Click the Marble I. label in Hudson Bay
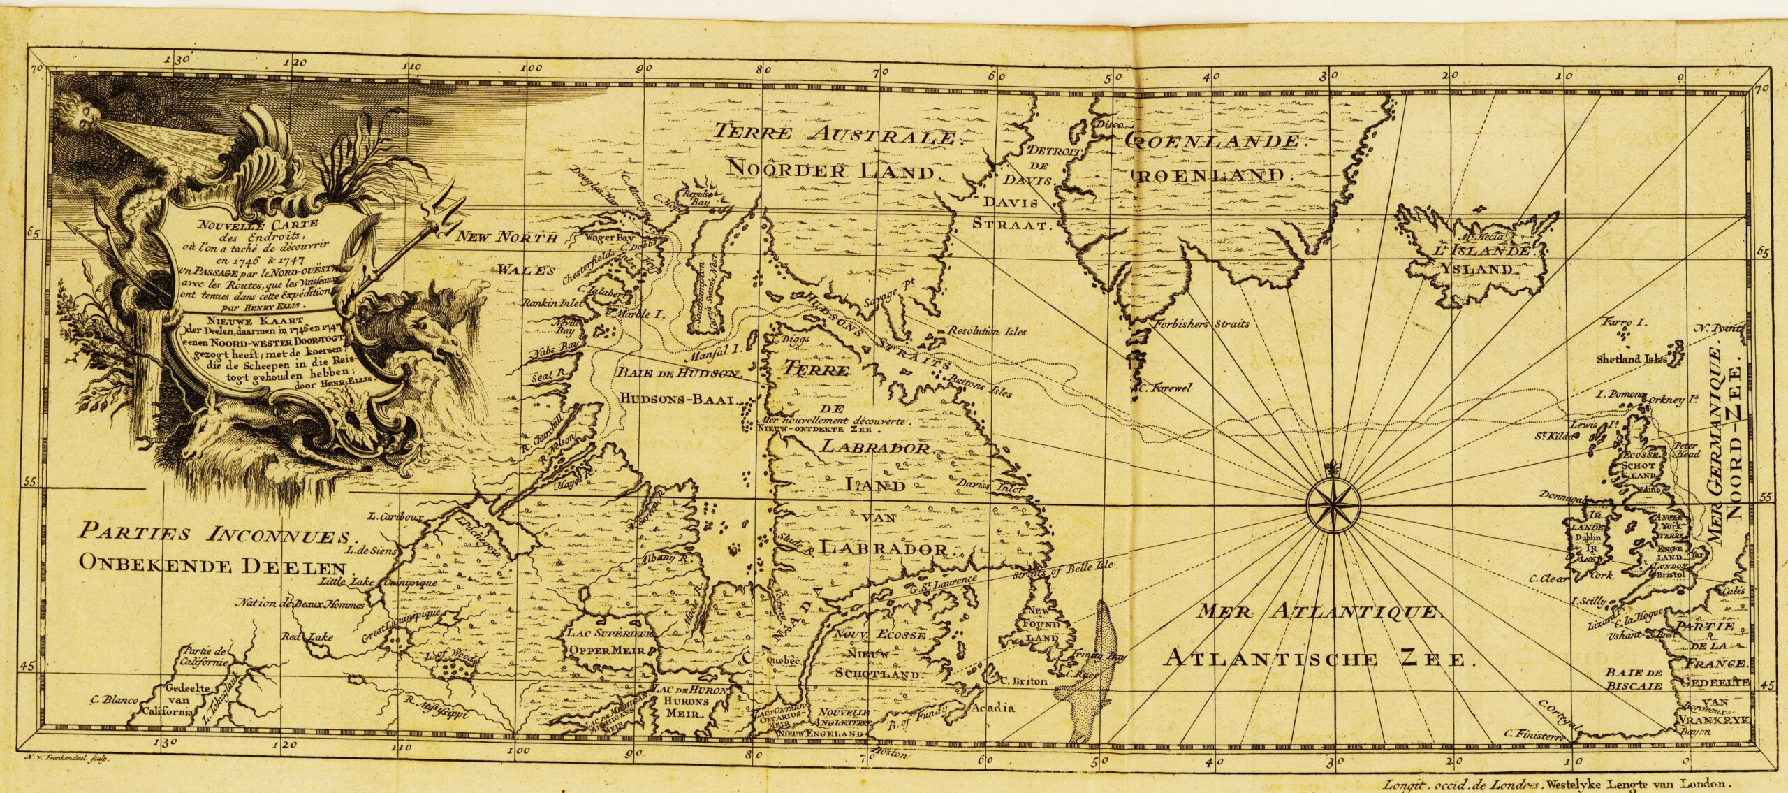638,314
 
